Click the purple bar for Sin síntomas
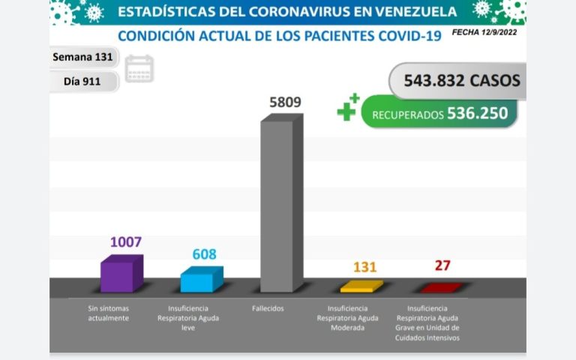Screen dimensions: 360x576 tap(121, 274)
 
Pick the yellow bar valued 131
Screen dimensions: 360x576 tap(361, 286)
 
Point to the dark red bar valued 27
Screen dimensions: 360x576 tap(441, 288)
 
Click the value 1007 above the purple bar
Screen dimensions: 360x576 tap(125, 242)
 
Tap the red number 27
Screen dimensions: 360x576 tap(442, 265)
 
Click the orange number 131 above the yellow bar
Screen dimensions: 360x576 tap(364, 267)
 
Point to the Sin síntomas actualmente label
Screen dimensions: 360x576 tap(108, 313)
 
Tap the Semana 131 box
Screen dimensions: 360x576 tap(82, 57)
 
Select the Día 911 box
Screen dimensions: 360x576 tap(82, 80)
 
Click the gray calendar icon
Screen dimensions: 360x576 tap(139, 68)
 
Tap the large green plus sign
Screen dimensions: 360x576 tap(346, 111)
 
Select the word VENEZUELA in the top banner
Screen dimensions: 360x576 tap(408, 12)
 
